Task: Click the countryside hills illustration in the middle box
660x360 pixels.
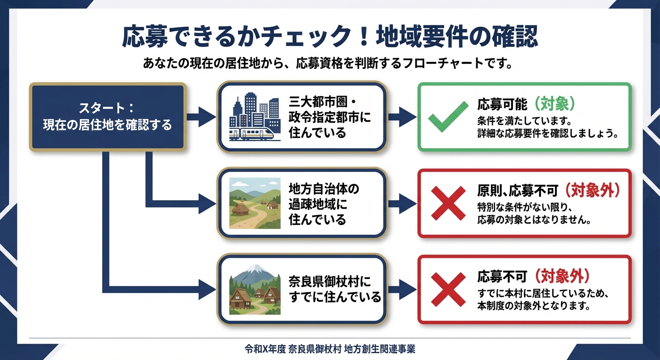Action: [x=255, y=203]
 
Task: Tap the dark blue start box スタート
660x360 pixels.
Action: [x=108, y=117]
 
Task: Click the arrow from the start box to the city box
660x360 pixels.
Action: [x=201, y=117]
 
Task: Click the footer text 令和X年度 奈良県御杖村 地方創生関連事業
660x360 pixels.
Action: [x=330, y=349]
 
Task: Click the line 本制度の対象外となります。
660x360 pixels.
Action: [x=532, y=306]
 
